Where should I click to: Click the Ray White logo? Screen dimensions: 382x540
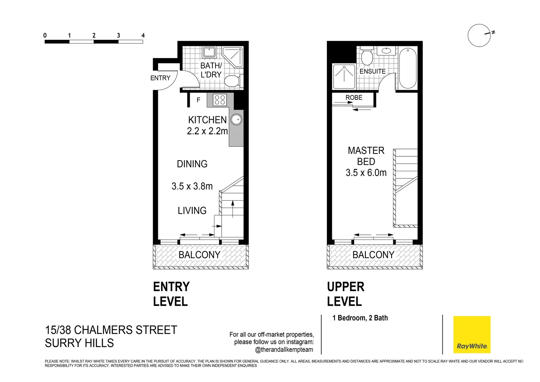coord(471,334)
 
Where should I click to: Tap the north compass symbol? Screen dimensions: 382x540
coord(480,35)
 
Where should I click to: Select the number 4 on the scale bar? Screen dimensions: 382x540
coord(143,35)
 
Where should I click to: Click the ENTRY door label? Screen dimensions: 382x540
coord(160,78)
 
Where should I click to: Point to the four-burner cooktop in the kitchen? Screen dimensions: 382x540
coord(220,100)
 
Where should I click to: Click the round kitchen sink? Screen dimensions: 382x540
coord(236,120)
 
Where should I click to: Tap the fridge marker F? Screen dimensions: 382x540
coord(198,100)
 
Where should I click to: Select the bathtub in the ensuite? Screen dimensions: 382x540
coord(407,68)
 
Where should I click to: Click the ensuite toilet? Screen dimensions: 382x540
coord(367,56)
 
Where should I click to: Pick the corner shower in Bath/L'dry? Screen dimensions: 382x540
coord(234,56)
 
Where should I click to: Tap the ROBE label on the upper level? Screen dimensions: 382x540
coord(354,98)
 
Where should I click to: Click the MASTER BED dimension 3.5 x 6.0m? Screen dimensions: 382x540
coord(366,173)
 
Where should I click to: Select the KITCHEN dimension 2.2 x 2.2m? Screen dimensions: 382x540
coord(207,131)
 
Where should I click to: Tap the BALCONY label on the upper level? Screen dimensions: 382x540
coord(373,255)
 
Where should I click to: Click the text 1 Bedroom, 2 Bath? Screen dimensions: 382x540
coord(360,318)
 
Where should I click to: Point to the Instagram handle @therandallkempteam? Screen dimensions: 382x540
coord(284,350)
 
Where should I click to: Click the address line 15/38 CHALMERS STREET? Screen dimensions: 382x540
coord(111,330)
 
